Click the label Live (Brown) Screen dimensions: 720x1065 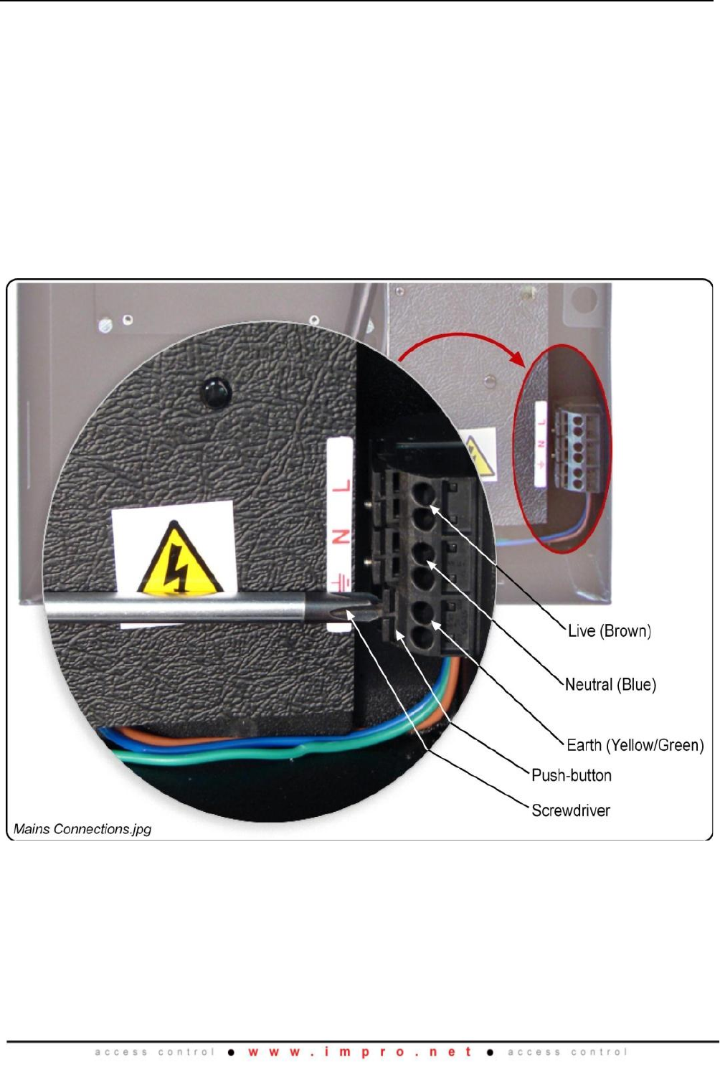point(609,631)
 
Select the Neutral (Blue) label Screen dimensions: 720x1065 point(610,685)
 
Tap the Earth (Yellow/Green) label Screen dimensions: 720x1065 point(635,745)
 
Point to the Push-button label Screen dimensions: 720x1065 point(571,775)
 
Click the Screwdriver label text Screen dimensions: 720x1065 point(570,810)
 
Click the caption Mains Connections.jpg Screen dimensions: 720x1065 point(82,829)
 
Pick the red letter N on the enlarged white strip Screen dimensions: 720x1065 point(342,537)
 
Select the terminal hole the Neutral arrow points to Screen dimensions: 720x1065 point(423,552)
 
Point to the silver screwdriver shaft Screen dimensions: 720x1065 point(179,608)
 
